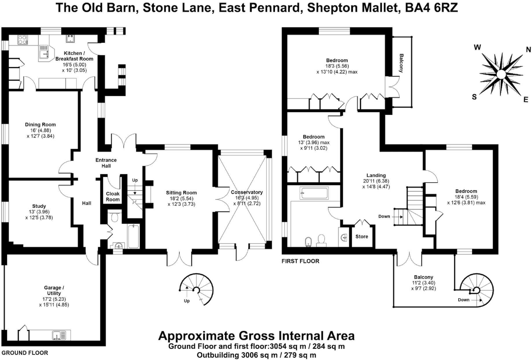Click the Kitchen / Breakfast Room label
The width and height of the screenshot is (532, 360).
pyautogui.click(x=74, y=56)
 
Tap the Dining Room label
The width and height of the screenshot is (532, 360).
pyautogui.click(x=40, y=125)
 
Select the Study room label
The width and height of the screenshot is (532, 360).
pyautogui.click(x=39, y=206)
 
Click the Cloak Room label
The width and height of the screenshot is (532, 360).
pyautogui.click(x=113, y=196)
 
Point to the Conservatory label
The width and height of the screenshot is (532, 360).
pyautogui.click(x=247, y=192)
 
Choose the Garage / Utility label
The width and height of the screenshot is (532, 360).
pyautogui.click(x=54, y=290)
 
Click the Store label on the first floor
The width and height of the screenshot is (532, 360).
pyautogui.click(x=362, y=237)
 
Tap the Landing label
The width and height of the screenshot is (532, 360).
pyautogui.click(x=376, y=175)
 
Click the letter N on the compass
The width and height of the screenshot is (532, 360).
pyautogui.click(x=528, y=50)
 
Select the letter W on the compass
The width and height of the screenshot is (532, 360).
pyautogui.click(x=477, y=47)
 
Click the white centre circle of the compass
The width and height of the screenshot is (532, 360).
pyautogui.click(x=501, y=75)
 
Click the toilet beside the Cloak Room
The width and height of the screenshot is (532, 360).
pyautogui.click(x=115, y=217)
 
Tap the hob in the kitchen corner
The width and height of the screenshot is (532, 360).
pyautogui.click(x=23, y=40)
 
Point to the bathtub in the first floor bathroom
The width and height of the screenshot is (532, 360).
pyautogui.click(x=314, y=193)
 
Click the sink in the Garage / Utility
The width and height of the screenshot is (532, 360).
pyautogui.click(x=59, y=335)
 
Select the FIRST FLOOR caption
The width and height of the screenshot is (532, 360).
pyautogui.click(x=300, y=261)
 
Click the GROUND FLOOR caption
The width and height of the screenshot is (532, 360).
pyautogui.click(x=25, y=353)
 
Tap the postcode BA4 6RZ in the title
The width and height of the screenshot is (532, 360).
pyautogui.click(x=431, y=8)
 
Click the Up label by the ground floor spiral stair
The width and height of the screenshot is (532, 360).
pyautogui.click(x=187, y=301)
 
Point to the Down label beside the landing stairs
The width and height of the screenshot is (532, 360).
pyautogui.click(x=384, y=216)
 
